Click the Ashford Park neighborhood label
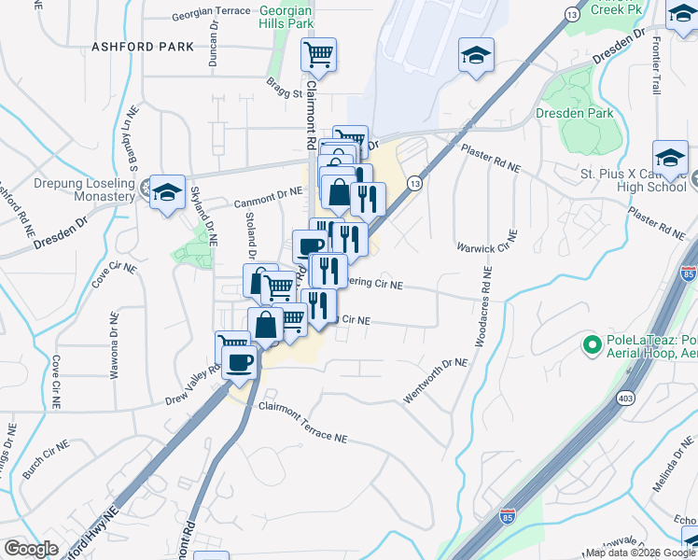tap(143, 46)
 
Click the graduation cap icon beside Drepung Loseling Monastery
tap(167, 191)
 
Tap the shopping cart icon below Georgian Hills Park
tap(318, 56)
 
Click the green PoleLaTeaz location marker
tap(591, 345)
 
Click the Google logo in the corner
tap(31, 549)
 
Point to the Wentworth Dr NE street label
tap(434, 381)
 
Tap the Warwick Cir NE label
tap(486, 248)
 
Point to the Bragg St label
tap(286, 93)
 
